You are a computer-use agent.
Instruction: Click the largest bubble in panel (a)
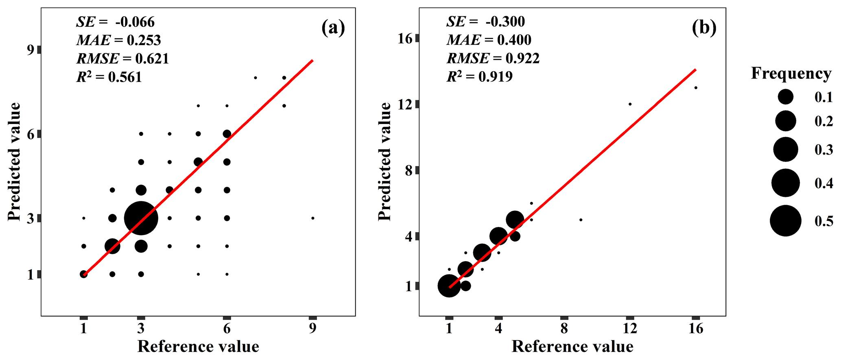coord(141,218)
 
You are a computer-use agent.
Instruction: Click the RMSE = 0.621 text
coord(122,59)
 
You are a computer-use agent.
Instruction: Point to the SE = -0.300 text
coord(485,22)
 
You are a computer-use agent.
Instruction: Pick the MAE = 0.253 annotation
coord(118,40)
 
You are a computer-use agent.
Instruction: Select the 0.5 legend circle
coord(785,221)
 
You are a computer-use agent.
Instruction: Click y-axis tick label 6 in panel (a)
coord(31,134)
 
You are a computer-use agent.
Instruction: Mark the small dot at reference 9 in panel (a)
coord(312,218)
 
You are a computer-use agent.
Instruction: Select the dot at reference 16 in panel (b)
coord(696,87)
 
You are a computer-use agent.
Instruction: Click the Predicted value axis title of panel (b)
coord(384,162)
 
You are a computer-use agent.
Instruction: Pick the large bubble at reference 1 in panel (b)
coord(449,286)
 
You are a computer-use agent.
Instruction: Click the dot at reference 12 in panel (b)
coord(630,104)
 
